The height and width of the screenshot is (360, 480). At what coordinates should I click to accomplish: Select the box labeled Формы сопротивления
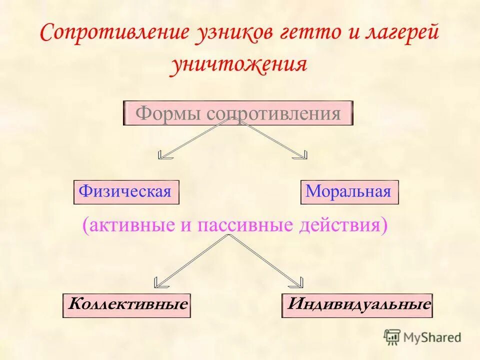tap(238, 113)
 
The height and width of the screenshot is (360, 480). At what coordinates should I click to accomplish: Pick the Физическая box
tap(126, 192)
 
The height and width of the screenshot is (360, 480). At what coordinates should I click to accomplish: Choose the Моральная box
tap(349, 192)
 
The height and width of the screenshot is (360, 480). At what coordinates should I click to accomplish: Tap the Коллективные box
tap(127, 305)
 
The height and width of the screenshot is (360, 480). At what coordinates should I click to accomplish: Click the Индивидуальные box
tap(357, 305)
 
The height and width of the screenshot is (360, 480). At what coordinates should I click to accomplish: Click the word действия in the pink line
tap(342, 225)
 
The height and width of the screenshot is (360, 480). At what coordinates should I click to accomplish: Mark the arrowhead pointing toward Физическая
tap(163, 155)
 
